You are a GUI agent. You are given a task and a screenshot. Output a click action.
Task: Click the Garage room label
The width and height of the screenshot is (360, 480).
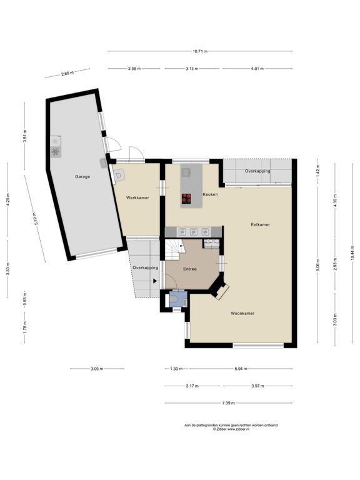[82, 177]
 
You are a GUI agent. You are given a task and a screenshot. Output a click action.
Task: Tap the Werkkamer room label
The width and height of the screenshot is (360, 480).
[137, 197]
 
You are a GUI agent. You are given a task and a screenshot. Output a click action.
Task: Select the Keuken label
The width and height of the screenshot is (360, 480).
[210, 194]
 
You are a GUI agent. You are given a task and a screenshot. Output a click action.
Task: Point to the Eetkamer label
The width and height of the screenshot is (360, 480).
[260, 224]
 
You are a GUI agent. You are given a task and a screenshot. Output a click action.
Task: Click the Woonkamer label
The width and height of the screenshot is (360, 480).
[242, 313]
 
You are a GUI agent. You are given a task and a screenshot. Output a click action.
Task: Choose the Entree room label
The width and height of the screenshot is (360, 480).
[190, 269]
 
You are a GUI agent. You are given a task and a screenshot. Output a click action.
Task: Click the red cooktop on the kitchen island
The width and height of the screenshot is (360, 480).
[187, 198]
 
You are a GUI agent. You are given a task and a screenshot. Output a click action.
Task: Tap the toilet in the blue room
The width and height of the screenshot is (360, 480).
[174, 299]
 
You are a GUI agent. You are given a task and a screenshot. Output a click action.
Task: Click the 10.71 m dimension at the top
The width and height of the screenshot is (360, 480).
[200, 51]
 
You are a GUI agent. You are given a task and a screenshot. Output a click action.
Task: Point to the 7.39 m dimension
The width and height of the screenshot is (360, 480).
[228, 403]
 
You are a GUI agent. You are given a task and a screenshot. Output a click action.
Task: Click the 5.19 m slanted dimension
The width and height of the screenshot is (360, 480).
[35, 219]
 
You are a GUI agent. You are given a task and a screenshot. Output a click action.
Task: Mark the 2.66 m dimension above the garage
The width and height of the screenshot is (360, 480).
[67, 74]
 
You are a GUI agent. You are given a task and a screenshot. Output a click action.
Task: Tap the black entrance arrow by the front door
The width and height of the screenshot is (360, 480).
[155, 281]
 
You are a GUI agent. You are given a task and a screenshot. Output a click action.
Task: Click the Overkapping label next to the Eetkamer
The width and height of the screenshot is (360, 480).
[257, 171]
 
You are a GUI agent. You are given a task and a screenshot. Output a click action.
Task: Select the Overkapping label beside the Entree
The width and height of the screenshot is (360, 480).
[146, 267]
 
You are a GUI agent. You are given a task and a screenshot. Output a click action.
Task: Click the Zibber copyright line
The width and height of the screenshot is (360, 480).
[231, 429]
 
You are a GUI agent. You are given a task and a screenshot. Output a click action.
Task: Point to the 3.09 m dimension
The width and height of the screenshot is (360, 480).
[97, 369]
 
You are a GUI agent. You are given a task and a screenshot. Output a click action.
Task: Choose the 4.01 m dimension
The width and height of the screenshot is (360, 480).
[257, 69]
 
